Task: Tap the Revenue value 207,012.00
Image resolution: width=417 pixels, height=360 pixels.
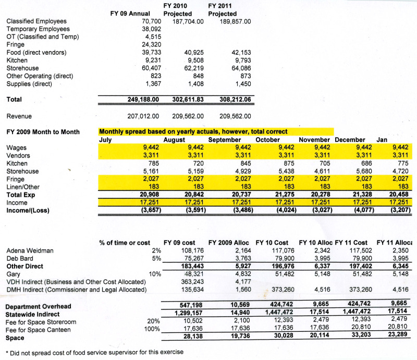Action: (143, 116)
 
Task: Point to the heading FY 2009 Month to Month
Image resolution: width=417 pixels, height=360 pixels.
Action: (43, 132)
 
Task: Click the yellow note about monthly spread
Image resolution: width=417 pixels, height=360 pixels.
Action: (193, 132)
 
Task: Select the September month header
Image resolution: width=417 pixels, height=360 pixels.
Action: (225, 140)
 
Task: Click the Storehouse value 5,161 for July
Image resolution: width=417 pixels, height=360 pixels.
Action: (149, 171)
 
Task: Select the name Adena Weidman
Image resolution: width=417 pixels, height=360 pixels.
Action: (30, 250)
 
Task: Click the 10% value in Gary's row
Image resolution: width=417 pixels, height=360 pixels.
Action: (154, 274)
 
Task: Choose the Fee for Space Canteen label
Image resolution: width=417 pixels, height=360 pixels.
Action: (45, 329)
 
